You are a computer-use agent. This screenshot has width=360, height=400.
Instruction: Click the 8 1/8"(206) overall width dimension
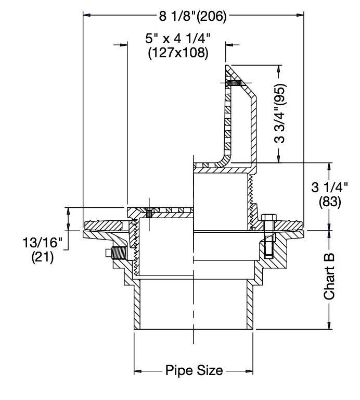(192, 16)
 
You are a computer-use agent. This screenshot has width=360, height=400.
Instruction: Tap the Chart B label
(329, 277)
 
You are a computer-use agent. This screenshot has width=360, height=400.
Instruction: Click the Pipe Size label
(194, 371)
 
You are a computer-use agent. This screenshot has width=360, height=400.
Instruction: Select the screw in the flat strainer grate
(149, 213)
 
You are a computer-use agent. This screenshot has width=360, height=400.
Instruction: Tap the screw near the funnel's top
(235, 82)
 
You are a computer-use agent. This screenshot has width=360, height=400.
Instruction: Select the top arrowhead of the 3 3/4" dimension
(280, 68)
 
